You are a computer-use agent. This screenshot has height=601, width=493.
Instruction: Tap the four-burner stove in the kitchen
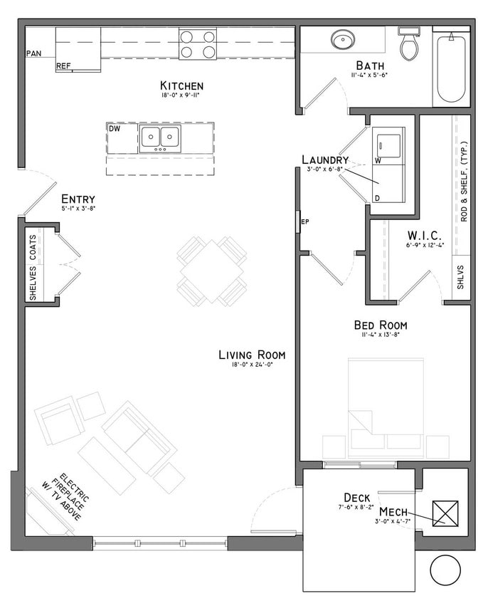198,43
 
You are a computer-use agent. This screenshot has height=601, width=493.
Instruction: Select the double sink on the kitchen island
160,137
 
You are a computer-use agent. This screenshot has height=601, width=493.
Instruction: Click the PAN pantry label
33,53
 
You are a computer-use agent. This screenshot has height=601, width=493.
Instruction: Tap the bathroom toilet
408,44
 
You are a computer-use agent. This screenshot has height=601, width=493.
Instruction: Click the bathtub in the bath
451,68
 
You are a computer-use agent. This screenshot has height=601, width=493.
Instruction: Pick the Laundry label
324,160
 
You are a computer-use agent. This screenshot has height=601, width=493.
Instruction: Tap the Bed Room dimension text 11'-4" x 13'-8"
381,334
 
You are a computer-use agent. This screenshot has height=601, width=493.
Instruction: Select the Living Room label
252,355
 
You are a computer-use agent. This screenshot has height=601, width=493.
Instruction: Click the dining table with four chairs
212,271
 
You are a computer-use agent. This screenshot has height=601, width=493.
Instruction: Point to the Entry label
78,199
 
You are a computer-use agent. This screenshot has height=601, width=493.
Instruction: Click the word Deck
356,497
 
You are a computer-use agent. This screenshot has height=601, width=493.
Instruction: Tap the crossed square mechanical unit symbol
445,513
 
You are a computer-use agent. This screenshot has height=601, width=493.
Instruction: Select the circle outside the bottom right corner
446,570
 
